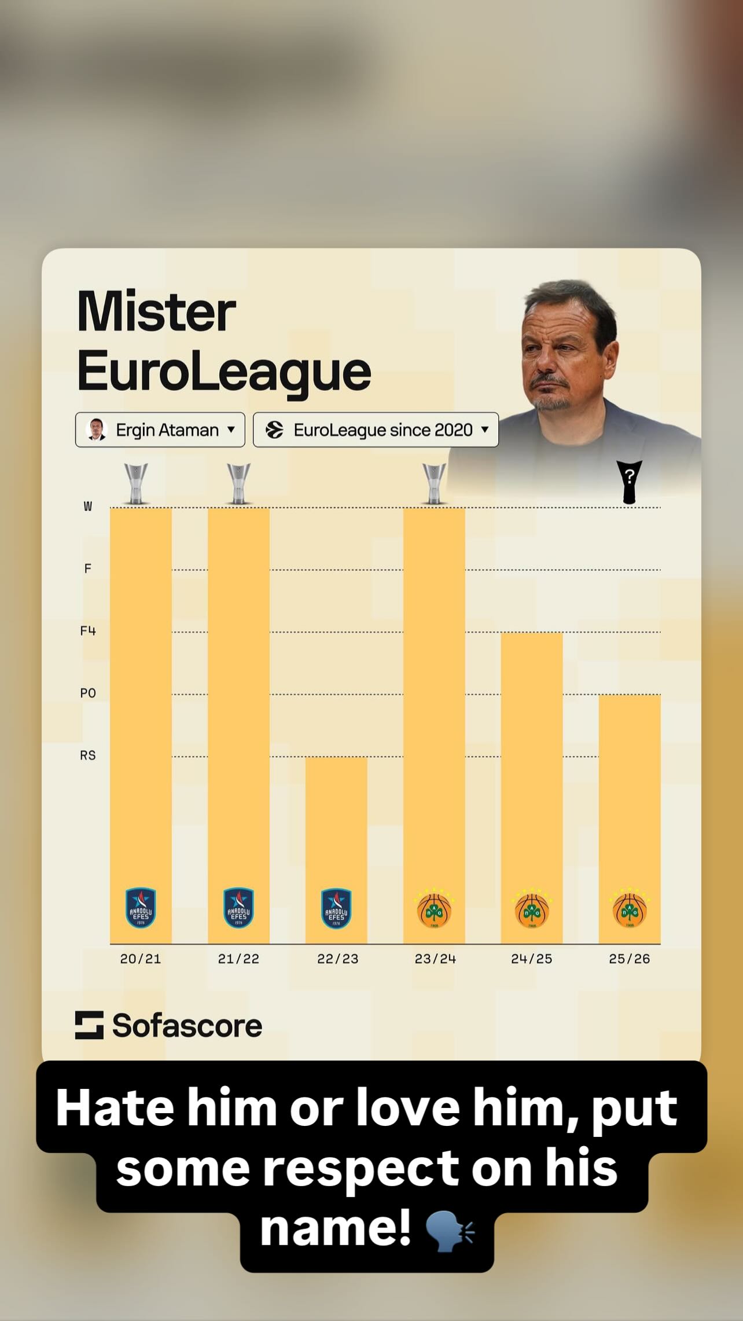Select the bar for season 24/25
coord(531,764)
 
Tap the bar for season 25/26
coord(629,793)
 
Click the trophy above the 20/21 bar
coord(137,483)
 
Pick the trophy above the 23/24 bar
coord(434,483)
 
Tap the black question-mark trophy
coord(629,482)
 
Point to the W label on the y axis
coord(88,507)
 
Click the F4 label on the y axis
coord(88,631)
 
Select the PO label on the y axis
coord(88,693)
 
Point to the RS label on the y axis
coord(88,755)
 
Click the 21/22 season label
coord(238,959)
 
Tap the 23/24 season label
coord(435,959)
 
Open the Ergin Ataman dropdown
coord(160,430)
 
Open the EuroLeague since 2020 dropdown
coord(376,430)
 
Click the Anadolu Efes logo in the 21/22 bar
coord(238,908)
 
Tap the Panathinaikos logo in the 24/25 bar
coord(532,909)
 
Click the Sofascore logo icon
coord(89,1025)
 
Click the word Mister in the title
coord(156,312)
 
